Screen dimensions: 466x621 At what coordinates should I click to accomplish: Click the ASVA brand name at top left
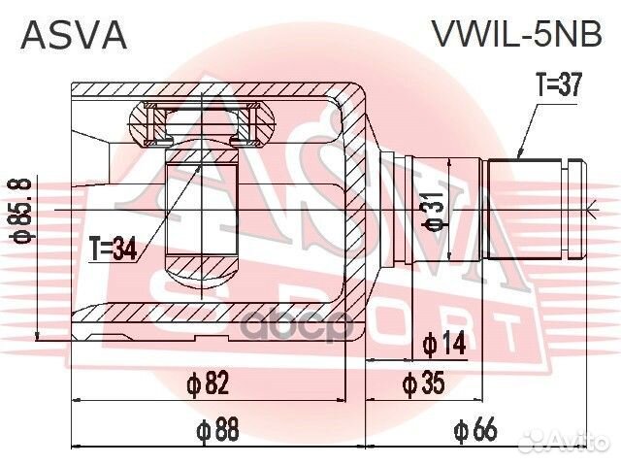coord(74,35)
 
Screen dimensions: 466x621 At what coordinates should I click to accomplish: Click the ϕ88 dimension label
coord(217,428)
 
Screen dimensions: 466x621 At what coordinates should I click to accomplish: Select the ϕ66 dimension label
coord(476,428)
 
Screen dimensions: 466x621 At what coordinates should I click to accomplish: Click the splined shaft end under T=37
coord(529,209)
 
